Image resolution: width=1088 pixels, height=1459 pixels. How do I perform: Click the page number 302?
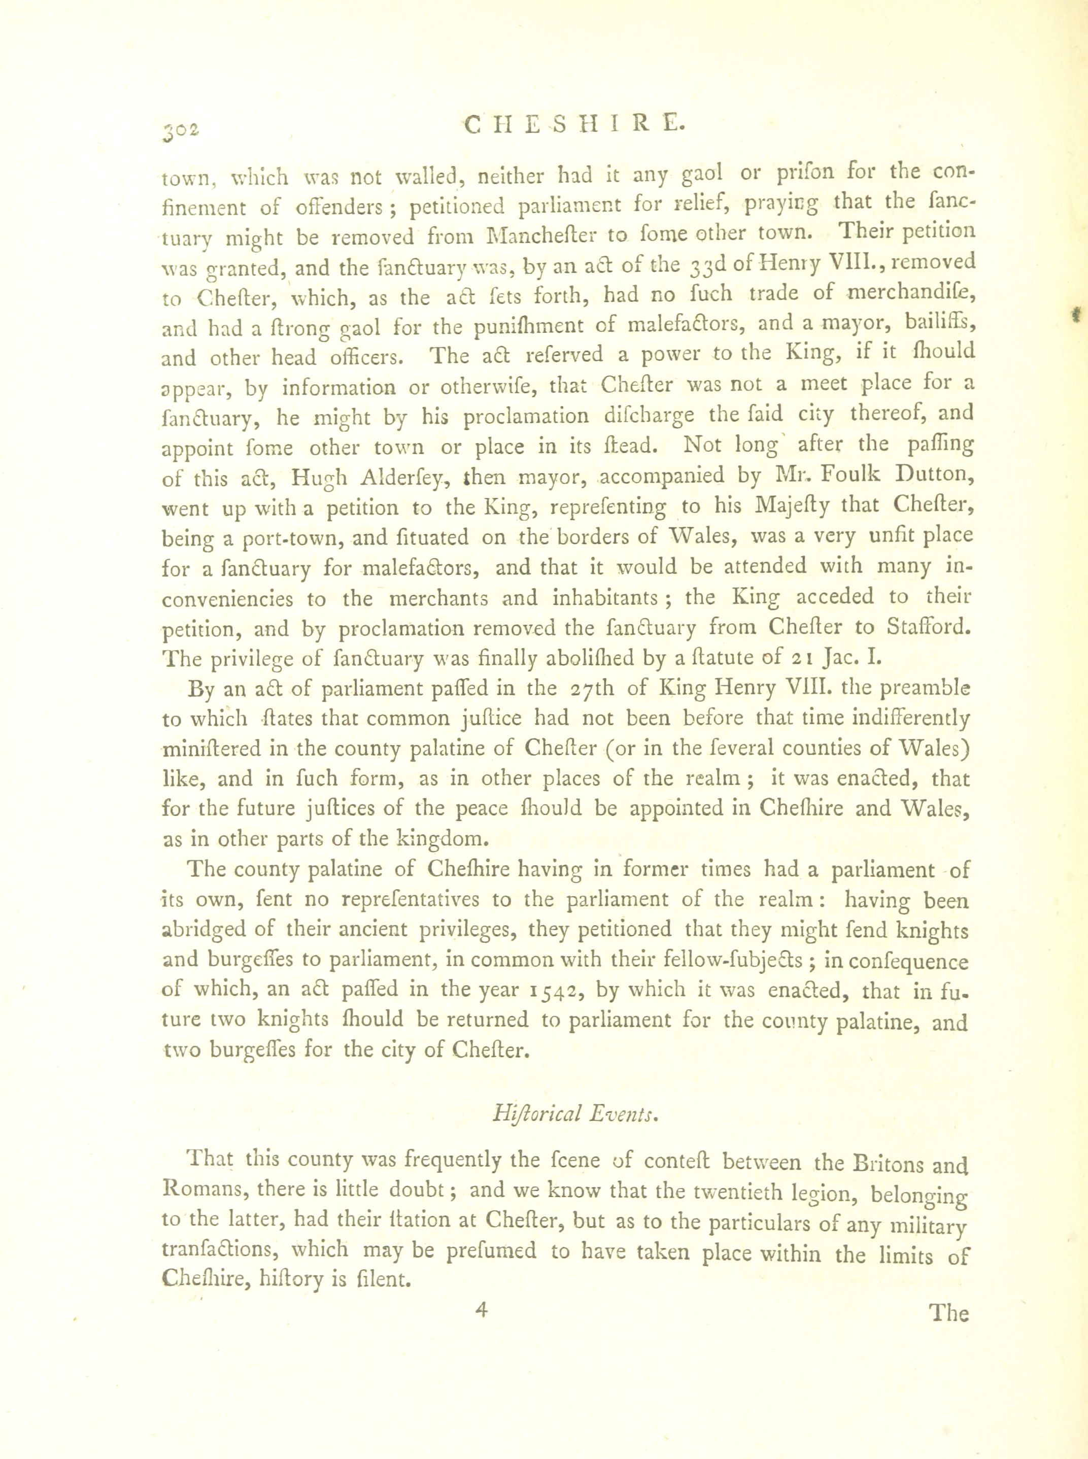click(x=181, y=130)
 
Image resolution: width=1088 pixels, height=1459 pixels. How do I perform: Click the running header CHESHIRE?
click(x=571, y=123)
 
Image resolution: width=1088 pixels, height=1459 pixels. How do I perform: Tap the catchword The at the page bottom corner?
click(x=948, y=1313)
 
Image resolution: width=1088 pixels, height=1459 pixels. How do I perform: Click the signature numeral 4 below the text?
click(x=482, y=1310)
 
